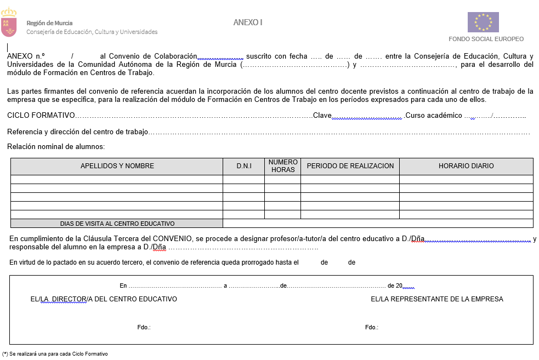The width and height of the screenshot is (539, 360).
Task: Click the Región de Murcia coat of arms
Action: (9, 22)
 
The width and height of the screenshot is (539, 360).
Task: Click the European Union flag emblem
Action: (483, 22)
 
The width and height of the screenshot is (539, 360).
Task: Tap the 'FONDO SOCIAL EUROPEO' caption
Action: (486, 39)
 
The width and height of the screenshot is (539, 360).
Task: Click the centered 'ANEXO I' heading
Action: (248, 22)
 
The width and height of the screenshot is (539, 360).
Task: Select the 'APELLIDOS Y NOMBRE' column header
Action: (117, 166)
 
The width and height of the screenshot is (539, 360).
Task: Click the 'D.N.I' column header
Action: (243, 166)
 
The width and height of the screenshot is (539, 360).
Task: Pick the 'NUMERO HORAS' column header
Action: (282, 166)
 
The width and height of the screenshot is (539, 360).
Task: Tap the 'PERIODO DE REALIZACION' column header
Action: (350, 166)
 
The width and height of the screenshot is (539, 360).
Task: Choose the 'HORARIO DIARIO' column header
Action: (466, 166)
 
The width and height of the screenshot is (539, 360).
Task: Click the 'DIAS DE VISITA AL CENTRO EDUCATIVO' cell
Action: (117, 224)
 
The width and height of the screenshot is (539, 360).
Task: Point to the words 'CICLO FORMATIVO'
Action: (41, 116)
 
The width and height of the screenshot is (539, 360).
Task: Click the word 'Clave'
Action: (322, 116)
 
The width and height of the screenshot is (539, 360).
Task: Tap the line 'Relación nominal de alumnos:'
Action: (56, 146)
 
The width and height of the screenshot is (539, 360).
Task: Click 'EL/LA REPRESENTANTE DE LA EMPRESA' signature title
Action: (436, 299)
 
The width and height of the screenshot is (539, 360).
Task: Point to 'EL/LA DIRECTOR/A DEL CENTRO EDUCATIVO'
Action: (104, 299)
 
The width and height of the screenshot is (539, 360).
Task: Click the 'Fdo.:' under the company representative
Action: (371, 327)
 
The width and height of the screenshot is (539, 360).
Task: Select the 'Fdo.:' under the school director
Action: (144, 327)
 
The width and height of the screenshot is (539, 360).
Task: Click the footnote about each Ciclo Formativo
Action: (55, 354)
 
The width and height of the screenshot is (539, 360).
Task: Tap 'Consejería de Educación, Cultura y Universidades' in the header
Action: (92, 32)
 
